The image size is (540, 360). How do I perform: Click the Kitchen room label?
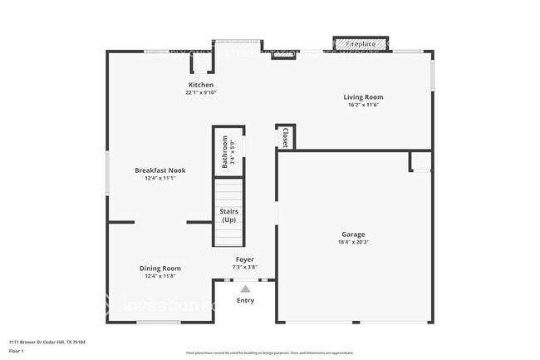(200, 85)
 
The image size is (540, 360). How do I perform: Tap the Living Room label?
(363, 97)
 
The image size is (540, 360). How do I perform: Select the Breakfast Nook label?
(160, 170)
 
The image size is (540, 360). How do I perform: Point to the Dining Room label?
(160, 269)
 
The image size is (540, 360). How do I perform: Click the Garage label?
(353, 234)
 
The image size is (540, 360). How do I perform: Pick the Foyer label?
(244, 259)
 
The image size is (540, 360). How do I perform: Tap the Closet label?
(285, 137)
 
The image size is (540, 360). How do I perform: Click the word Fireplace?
(361, 43)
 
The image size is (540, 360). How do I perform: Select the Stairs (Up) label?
(228, 215)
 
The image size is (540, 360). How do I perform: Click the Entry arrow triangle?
(245, 288)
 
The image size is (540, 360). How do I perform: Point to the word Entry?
(245, 300)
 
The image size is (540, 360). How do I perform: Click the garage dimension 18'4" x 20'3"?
(353, 242)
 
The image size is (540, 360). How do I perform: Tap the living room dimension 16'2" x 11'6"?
(363, 105)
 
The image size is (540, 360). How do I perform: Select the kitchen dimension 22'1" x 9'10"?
(200, 92)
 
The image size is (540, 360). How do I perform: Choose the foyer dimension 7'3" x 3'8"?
(244, 267)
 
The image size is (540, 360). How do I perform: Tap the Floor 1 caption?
(17, 351)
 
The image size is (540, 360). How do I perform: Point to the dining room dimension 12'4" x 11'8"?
(160, 276)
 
